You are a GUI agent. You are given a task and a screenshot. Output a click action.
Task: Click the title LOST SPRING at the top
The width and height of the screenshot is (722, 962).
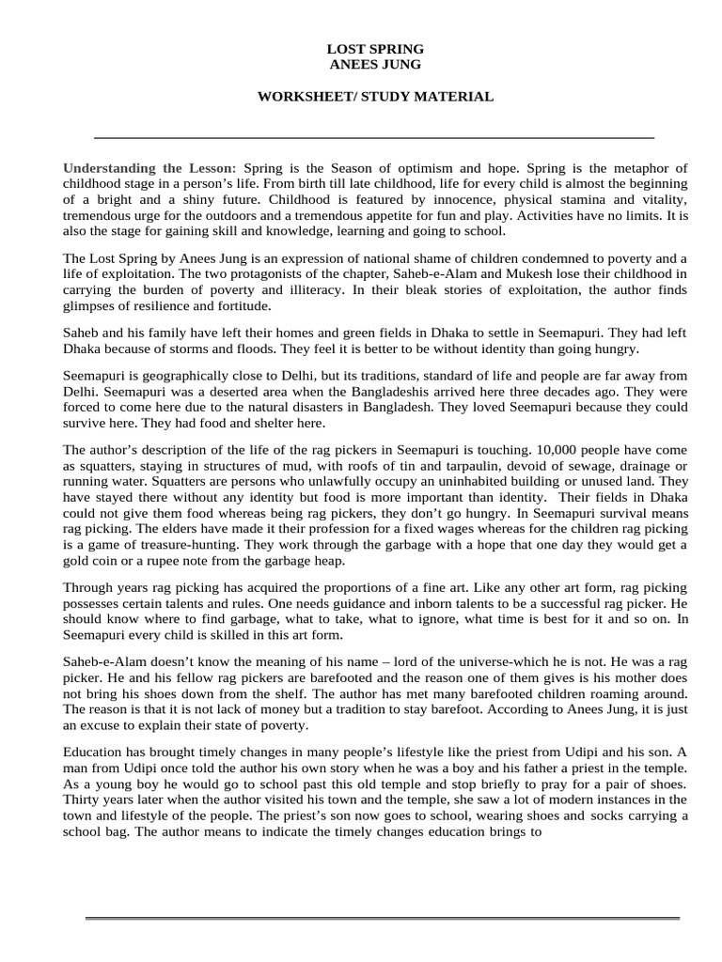(375, 48)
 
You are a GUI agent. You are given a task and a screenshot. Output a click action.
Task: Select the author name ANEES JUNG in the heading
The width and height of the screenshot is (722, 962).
(375, 64)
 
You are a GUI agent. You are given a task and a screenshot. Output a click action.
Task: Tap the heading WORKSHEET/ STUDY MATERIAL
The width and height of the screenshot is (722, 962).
(375, 97)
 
